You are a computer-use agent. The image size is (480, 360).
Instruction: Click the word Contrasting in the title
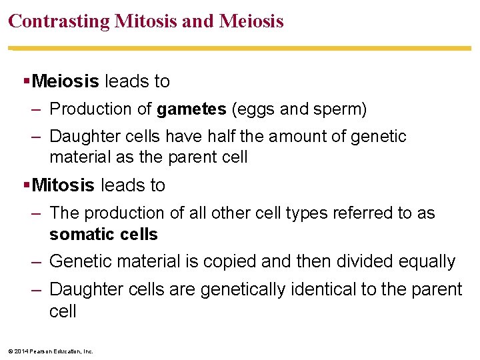(59, 21)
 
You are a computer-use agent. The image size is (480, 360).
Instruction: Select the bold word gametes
(191, 109)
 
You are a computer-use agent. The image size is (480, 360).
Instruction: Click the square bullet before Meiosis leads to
(26, 81)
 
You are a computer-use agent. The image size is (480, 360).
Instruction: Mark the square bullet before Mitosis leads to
(26, 185)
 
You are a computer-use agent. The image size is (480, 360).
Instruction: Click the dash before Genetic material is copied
(37, 261)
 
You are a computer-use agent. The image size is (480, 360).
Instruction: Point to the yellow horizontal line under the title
(240, 48)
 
